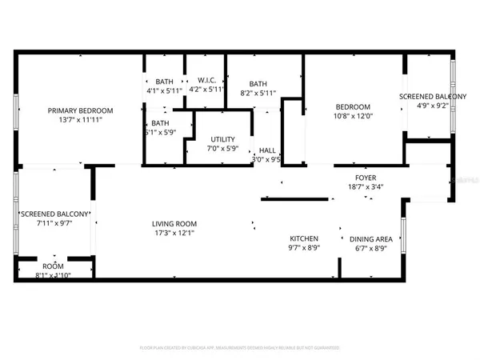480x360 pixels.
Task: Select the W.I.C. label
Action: tap(207, 81)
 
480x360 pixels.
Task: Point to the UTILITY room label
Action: tap(212, 139)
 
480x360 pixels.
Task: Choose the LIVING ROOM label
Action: tap(175, 223)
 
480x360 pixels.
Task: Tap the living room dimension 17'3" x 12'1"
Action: tap(175, 233)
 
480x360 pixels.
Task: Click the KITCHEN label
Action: tap(304, 238)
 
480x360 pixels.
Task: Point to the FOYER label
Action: tap(366, 178)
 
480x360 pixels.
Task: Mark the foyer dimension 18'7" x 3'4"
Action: tap(366, 186)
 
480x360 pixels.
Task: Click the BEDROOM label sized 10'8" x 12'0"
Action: tap(353, 107)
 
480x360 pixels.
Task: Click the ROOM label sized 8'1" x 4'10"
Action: tap(53, 266)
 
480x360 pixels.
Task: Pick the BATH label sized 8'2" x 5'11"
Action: tap(258, 84)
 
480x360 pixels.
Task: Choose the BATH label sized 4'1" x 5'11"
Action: tap(164, 81)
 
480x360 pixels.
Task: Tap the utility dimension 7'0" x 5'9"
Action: tap(212, 148)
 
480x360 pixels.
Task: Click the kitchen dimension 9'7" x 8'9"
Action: tap(304, 248)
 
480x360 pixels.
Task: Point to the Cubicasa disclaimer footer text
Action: tap(240, 348)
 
